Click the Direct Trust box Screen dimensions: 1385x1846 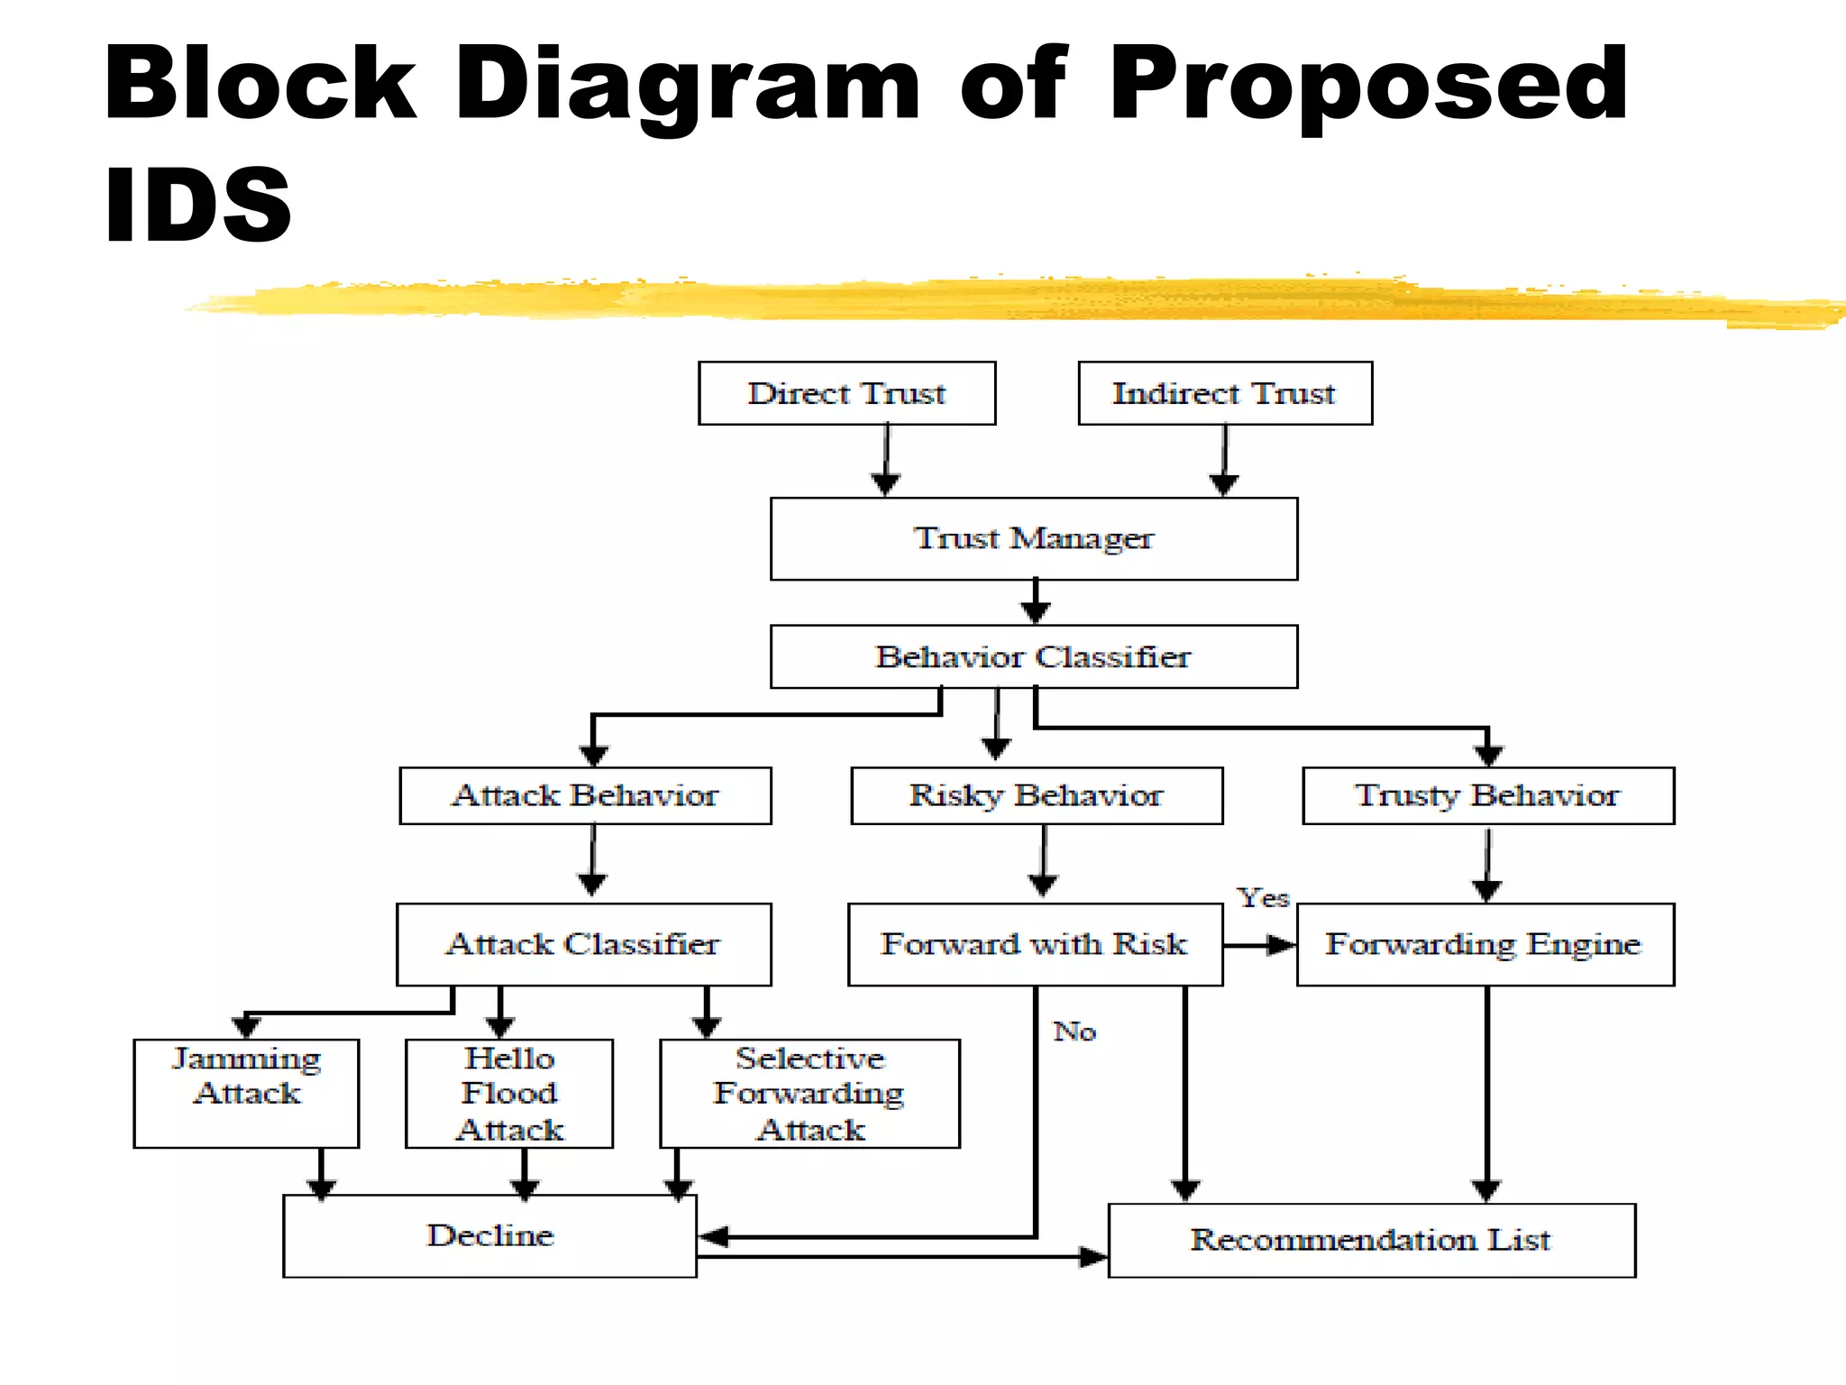pyautogui.click(x=846, y=393)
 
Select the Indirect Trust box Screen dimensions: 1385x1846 pyautogui.click(x=1224, y=393)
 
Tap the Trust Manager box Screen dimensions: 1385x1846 pyautogui.click(x=1033, y=538)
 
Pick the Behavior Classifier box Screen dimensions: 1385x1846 pyautogui.click(x=1033, y=656)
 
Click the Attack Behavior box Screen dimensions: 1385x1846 pyautogui.click(x=585, y=795)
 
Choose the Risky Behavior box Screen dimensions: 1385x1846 pyautogui.click(x=1036, y=795)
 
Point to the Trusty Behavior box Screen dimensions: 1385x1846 pyautogui.click(x=1487, y=795)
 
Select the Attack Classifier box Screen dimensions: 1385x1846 pyautogui.click(x=583, y=944)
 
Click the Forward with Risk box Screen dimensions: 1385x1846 pyautogui.click(x=1034, y=944)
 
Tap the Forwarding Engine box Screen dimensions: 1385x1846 pyautogui.click(x=1485, y=944)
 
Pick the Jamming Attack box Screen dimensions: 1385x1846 pyautogui.click(x=246, y=1093)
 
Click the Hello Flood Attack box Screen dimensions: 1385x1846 pyautogui.click(x=509, y=1093)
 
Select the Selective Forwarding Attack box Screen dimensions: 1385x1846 pyautogui.click(x=809, y=1093)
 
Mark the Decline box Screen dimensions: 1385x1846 pyautogui.click(x=489, y=1235)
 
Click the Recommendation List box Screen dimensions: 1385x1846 pyautogui.click(x=1371, y=1240)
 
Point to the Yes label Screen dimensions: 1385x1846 pyautogui.click(x=1263, y=898)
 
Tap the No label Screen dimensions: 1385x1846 pyautogui.click(x=1074, y=1032)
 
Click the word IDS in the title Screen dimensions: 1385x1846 pyautogui.click(x=197, y=206)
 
